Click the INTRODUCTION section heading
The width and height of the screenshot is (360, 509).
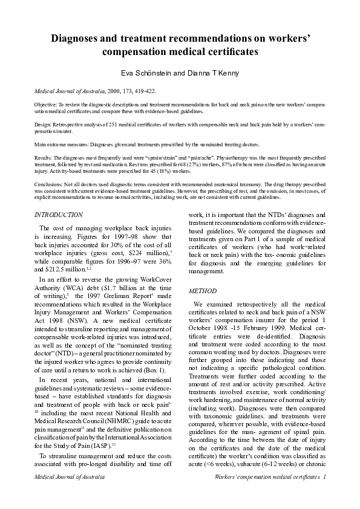59,215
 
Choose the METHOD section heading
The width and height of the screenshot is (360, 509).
203,291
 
